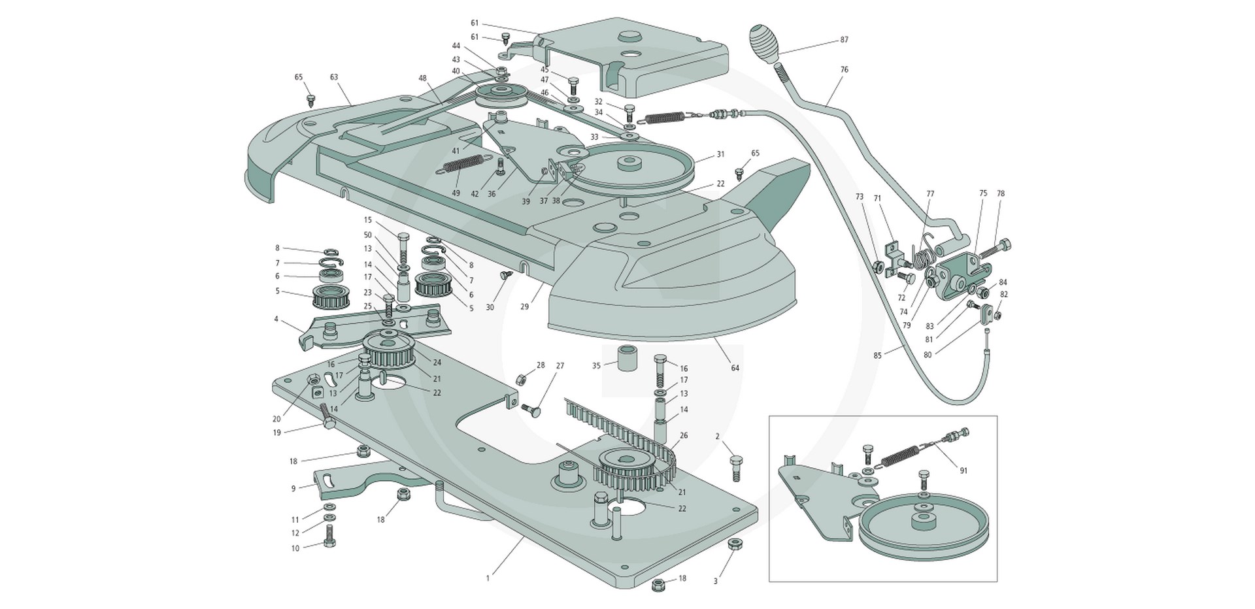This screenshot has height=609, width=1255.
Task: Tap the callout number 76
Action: [x=844, y=69]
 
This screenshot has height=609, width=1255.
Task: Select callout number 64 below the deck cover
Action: [x=735, y=369]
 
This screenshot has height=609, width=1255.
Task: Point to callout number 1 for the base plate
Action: [x=488, y=578]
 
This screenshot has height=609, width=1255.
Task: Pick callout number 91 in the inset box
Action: [x=963, y=470]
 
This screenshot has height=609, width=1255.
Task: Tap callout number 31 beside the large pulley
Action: [x=720, y=155]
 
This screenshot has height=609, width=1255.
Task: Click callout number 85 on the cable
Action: [x=877, y=355]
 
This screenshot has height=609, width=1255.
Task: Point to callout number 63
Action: [x=334, y=77]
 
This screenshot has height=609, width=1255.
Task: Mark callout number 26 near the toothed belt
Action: [x=684, y=435]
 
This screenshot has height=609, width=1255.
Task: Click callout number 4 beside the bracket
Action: [x=276, y=320]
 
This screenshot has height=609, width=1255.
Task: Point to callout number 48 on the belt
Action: [x=423, y=78]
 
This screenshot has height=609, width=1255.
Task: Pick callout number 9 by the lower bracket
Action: [x=294, y=488]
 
